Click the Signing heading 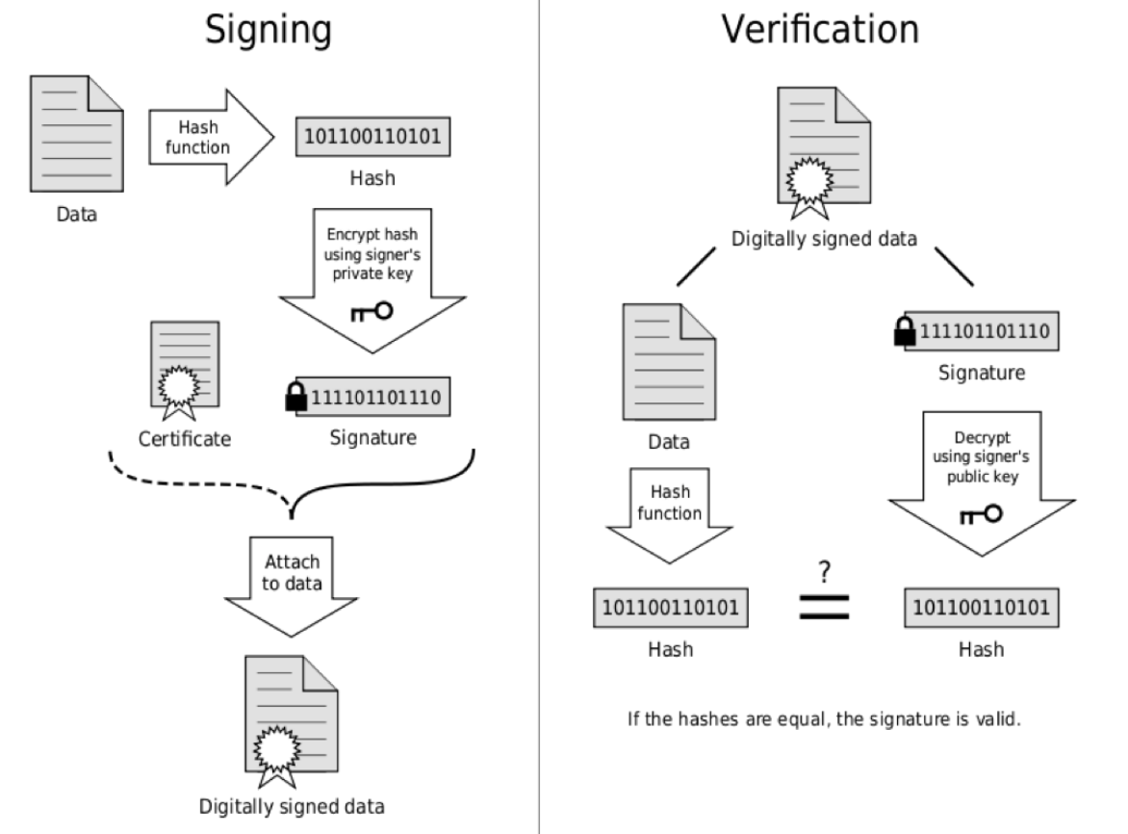tap(269, 30)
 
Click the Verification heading tap(820, 30)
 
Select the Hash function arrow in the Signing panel tap(212, 137)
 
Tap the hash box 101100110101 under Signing tap(372, 137)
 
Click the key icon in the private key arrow tap(372, 311)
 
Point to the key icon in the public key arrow tap(982, 513)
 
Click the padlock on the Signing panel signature tap(295, 397)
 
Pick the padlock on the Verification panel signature tap(905, 331)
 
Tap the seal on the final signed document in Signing tap(277, 750)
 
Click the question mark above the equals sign tap(825, 572)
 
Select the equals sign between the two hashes tap(825, 607)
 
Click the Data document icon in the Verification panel tap(669, 362)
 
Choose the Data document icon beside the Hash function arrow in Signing tap(77, 134)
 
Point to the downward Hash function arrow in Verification tap(670, 515)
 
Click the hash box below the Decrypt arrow tap(982, 608)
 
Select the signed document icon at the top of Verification tap(824, 152)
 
